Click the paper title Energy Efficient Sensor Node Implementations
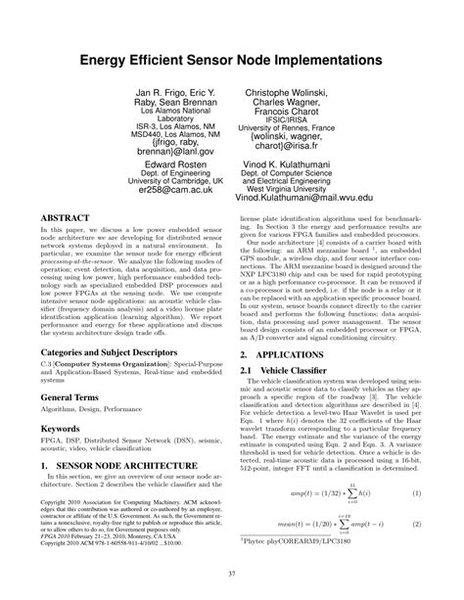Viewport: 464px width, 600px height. [232, 60]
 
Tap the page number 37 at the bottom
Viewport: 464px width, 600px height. [232, 574]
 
